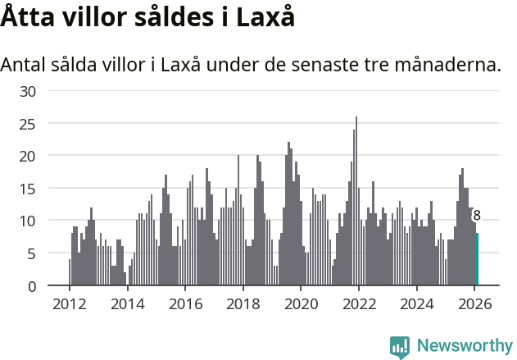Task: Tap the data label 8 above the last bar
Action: pyautogui.click(x=477, y=216)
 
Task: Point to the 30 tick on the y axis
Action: pyautogui.click(x=28, y=91)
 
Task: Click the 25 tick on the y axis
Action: pyautogui.click(x=28, y=124)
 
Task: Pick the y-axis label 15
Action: pyautogui.click(x=28, y=189)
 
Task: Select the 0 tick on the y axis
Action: pyautogui.click(x=31, y=286)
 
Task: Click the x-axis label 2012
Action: pyautogui.click(x=69, y=303)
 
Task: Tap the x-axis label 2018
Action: pyautogui.click(x=243, y=303)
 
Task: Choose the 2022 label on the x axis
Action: pyautogui.click(x=358, y=303)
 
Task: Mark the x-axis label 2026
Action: pyautogui.click(x=474, y=303)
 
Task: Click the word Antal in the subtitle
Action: pyautogui.click(x=25, y=64)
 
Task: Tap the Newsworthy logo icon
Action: pyautogui.click(x=400, y=346)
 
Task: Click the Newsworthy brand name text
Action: pyautogui.click(x=465, y=346)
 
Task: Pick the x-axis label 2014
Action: pyautogui.click(x=127, y=303)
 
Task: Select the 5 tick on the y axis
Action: pyautogui.click(x=31, y=253)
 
